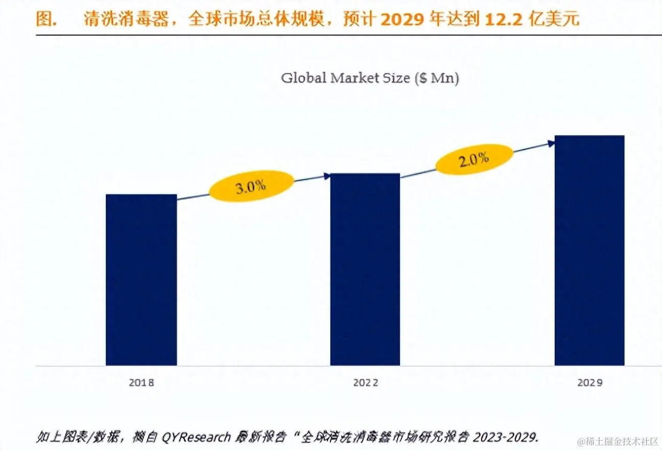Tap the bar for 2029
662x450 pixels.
coord(589,250)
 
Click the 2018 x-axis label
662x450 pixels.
coord(141,383)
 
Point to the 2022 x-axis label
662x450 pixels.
coord(366,383)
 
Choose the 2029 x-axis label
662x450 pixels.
coord(589,383)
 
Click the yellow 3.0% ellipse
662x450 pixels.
coord(251,186)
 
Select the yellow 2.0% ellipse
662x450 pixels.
coord(474,160)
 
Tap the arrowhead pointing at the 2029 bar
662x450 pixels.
coord(551,144)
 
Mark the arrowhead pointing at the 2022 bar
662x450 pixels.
coord(327,177)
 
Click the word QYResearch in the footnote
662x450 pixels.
coord(197,437)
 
